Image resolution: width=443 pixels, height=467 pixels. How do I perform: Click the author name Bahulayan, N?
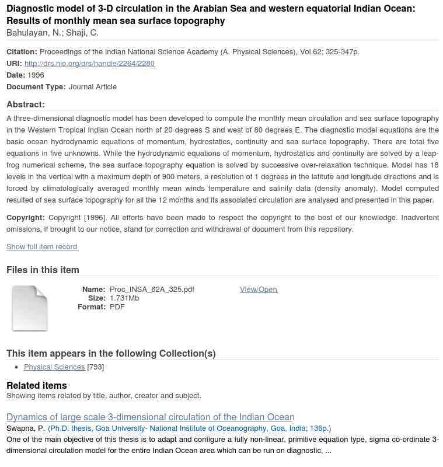click(x=34, y=33)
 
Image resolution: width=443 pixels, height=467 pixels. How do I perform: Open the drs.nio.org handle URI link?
click(x=89, y=63)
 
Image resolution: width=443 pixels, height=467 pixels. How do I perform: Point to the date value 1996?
click(x=36, y=75)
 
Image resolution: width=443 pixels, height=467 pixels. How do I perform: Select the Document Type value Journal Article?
click(x=92, y=86)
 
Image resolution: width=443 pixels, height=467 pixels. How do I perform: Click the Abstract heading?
click(x=26, y=104)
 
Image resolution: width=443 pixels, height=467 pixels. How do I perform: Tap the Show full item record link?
click(x=43, y=246)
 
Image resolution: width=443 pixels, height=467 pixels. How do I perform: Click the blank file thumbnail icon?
click(x=30, y=308)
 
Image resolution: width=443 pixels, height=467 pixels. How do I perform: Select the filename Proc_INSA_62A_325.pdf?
click(x=152, y=289)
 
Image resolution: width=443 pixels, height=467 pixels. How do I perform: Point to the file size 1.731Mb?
click(x=124, y=298)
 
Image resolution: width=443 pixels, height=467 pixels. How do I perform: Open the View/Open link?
click(x=259, y=289)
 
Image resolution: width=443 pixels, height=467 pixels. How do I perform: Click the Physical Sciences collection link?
click(x=54, y=367)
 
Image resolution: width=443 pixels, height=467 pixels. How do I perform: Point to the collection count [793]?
click(x=96, y=367)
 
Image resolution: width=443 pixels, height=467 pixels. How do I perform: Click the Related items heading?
click(x=37, y=385)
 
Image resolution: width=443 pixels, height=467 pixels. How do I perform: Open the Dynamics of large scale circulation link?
click(x=150, y=417)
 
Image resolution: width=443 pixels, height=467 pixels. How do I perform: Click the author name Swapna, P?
click(x=26, y=428)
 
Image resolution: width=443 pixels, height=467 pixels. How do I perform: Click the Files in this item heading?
click(x=43, y=270)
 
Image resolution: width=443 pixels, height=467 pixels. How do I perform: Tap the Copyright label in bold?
click(x=26, y=217)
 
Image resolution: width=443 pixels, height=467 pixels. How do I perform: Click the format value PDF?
click(x=117, y=306)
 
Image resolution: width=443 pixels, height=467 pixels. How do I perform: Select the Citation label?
click(x=22, y=51)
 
